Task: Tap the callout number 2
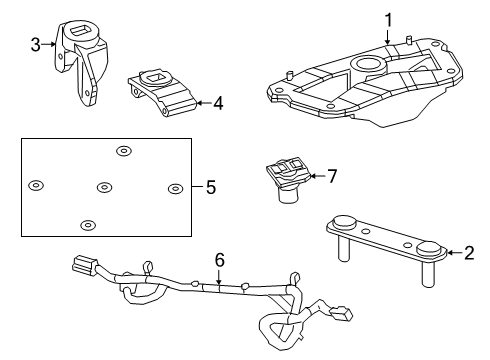(x=469, y=253)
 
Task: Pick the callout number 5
(x=209, y=187)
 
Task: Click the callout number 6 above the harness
(x=220, y=259)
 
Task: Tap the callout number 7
(x=332, y=176)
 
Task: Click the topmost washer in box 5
(x=123, y=151)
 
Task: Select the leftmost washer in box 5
(x=36, y=185)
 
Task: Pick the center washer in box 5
(x=105, y=187)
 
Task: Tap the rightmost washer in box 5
(x=175, y=188)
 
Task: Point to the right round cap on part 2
(x=430, y=249)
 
